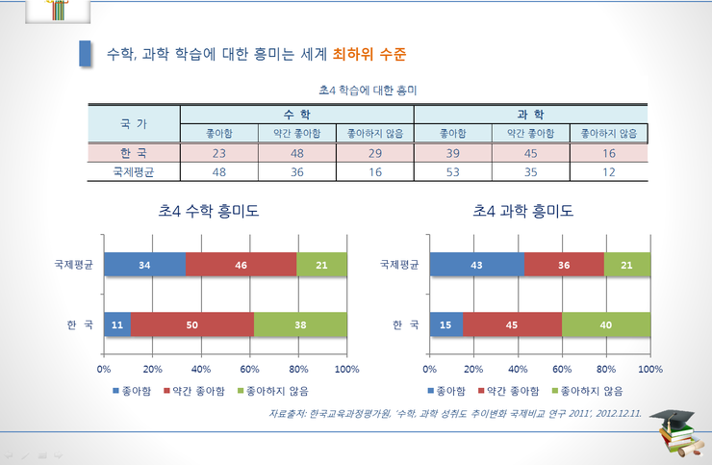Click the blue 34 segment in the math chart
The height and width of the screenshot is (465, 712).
144,264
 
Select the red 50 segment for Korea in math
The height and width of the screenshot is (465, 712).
191,325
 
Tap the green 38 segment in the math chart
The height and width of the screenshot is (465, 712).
299,325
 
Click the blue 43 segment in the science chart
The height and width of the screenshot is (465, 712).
477,264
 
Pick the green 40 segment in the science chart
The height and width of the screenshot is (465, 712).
606,325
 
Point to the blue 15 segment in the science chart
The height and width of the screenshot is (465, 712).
446,325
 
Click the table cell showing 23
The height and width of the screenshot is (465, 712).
219,152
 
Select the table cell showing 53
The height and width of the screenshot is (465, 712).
452,172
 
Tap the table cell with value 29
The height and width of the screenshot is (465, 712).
374,152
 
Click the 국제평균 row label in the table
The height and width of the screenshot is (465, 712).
134,172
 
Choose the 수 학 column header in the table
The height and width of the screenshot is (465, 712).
297,114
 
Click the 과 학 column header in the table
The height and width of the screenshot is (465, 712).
531,114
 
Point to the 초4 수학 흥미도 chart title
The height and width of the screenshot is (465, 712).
209,211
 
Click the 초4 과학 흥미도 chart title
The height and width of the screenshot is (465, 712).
523,211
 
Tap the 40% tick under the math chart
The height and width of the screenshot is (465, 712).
201,369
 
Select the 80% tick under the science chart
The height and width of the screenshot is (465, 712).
606,369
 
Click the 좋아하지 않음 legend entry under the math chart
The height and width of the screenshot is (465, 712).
280,391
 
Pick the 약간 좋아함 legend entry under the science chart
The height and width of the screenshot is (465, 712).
511,391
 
